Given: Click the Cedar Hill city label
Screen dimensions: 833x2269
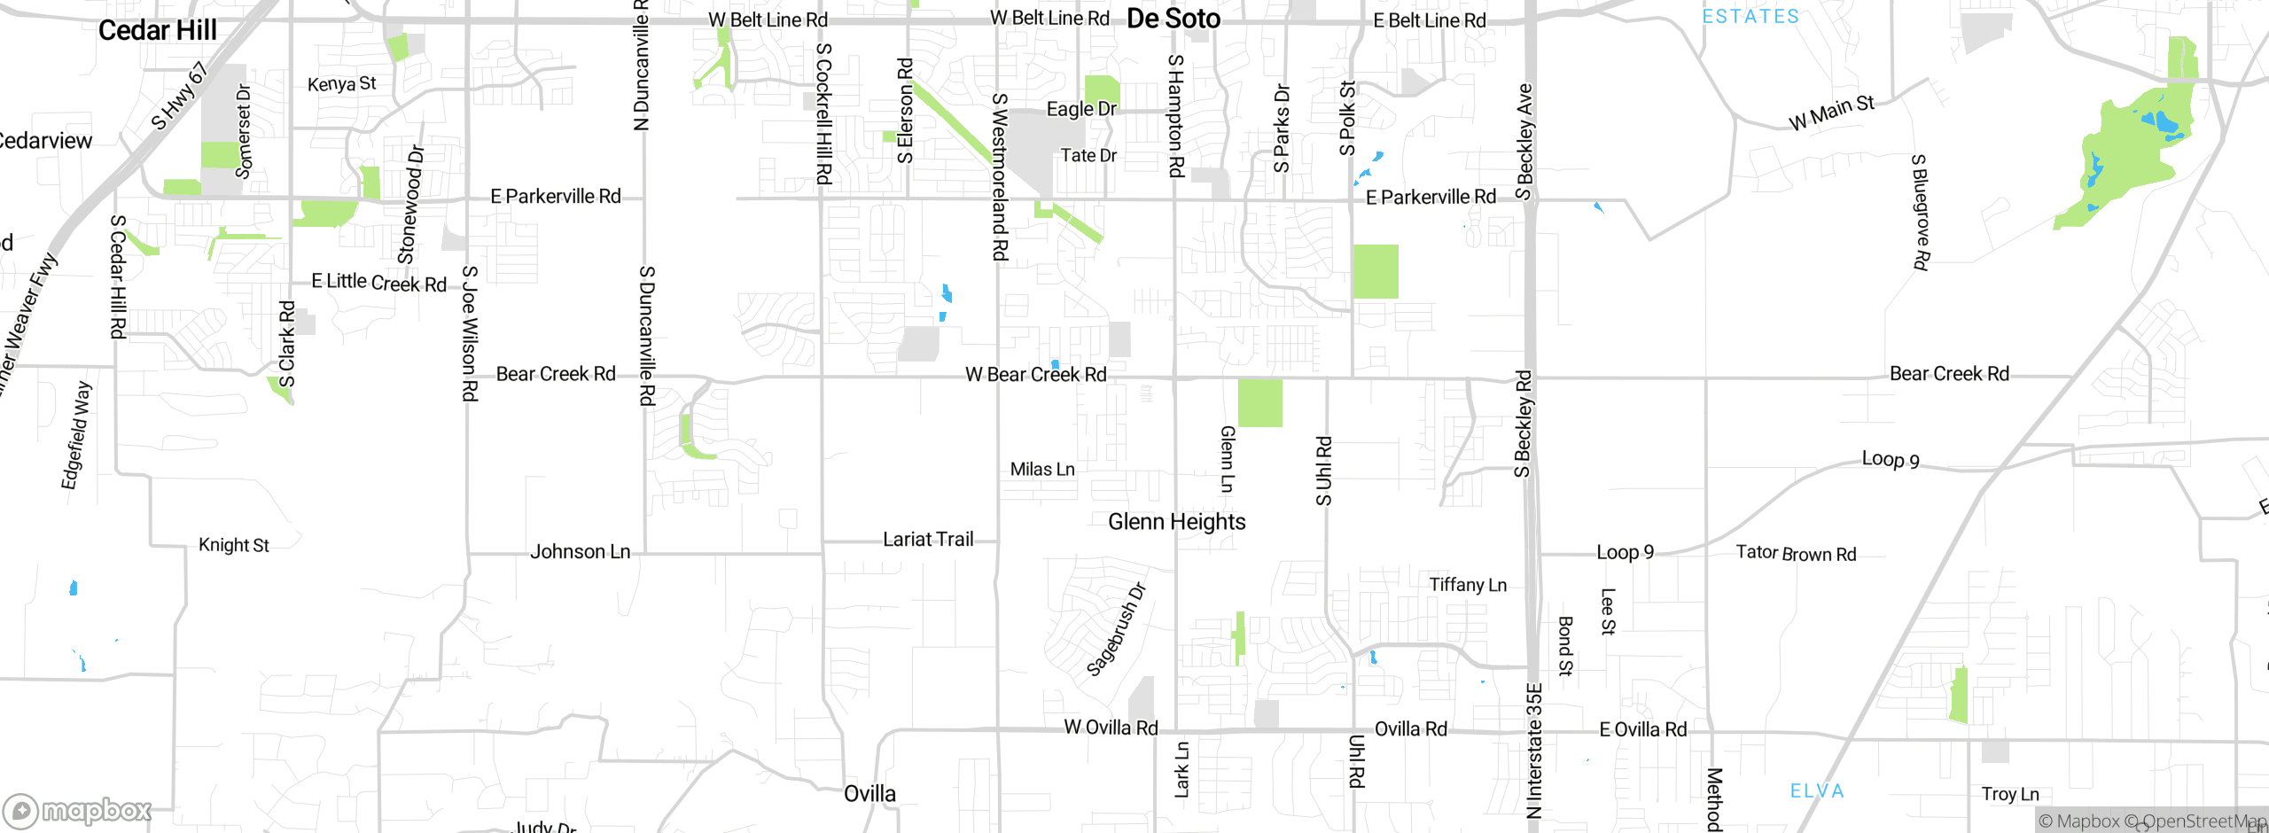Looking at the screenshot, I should tap(157, 30).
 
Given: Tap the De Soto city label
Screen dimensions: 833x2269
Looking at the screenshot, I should tap(1173, 19).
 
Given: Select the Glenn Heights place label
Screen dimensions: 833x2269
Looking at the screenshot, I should tap(1176, 522).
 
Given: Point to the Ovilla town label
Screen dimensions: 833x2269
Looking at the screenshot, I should tap(869, 794).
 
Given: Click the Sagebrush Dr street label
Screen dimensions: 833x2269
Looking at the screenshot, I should tap(1116, 630).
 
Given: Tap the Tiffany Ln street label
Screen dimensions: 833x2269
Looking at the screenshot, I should tap(1467, 585).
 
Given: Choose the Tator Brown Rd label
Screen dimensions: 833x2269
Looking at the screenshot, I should tap(1795, 554).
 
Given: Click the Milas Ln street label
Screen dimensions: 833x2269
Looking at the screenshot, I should tap(1041, 470).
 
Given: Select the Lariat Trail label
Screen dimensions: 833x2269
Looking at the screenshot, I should tap(927, 540).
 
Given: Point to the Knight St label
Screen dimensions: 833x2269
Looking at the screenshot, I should tap(233, 545).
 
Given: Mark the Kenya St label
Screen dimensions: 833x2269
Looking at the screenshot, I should tap(341, 84).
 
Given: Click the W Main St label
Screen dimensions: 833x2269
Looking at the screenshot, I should tap(1830, 113).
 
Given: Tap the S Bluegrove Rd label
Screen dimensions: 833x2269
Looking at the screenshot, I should tap(1919, 212).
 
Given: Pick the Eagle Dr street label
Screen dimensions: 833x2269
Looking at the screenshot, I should tap(1080, 109).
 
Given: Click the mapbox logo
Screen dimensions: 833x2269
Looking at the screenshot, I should tap(77, 810).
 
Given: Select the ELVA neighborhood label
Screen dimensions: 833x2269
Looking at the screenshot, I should tap(1816, 791).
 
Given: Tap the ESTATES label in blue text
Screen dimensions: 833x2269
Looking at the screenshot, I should tap(1750, 16).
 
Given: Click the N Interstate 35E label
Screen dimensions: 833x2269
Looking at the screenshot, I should tap(1534, 750).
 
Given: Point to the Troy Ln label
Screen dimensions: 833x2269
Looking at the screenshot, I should tap(2009, 794).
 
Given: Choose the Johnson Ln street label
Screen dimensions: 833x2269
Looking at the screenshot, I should tap(580, 552).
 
